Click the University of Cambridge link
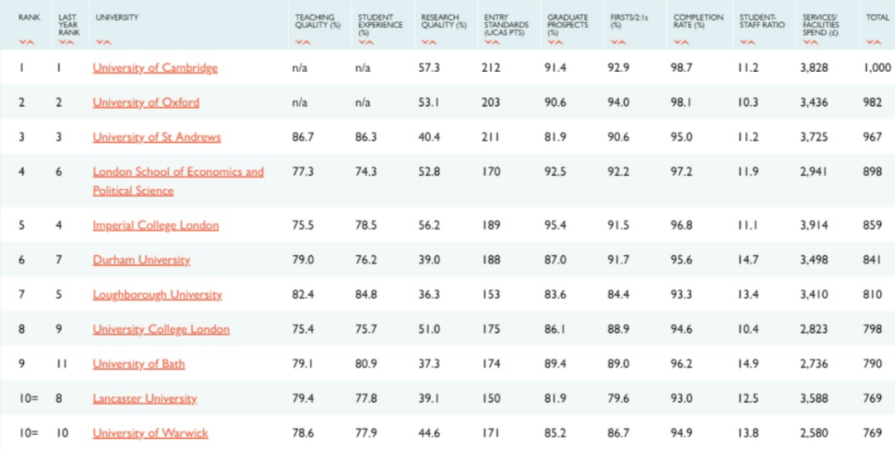click(x=155, y=68)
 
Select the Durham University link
click(x=141, y=260)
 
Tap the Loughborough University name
click(x=157, y=295)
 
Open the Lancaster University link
click(x=145, y=398)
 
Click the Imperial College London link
click(x=156, y=225)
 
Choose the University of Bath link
click(x=138, y=364)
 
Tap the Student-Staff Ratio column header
click(x=762, y=22)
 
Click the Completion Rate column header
click(x=698, y=22)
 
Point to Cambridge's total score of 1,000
click(x=877, y=68)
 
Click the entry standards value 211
click(x=491, y=138)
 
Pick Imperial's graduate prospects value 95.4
click(x=555, y=225)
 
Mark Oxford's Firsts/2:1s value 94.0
click(x=618, y=103)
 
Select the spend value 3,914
click(x=814, y=225)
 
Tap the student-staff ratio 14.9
click(x=748, y=364)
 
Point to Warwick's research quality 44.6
click(x=429, y=433)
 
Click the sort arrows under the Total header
click(x=873, y=41)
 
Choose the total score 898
click(x=872, y=172)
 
